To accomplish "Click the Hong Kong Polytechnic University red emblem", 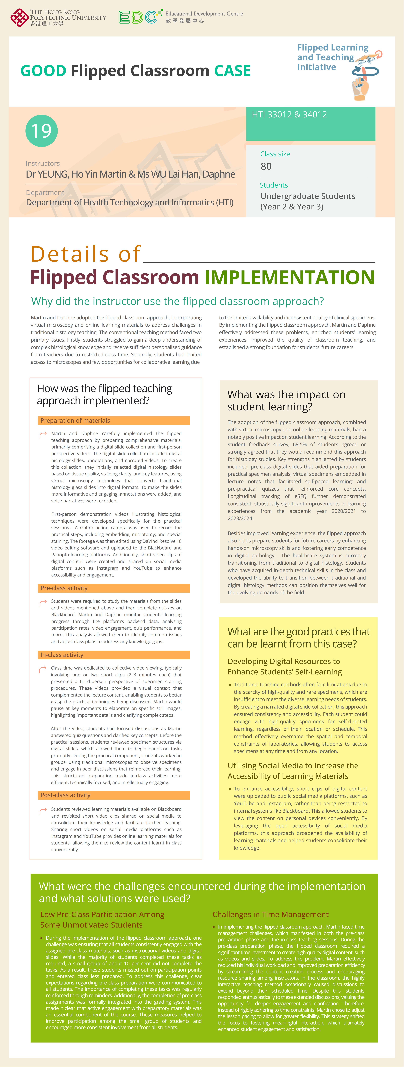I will [19, 17].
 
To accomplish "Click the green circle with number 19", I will [41, 131].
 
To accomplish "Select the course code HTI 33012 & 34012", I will [289, 115].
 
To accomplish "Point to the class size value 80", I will [266, 166].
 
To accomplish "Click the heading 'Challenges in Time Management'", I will [270, 915].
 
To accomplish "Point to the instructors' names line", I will [131, 174].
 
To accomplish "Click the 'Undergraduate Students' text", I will [307, 196].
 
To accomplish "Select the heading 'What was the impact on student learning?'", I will [286, 401].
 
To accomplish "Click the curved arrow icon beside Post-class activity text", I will [43, 811].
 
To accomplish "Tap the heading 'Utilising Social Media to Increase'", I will [293, 766].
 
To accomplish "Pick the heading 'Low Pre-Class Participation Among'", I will [102, 915].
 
